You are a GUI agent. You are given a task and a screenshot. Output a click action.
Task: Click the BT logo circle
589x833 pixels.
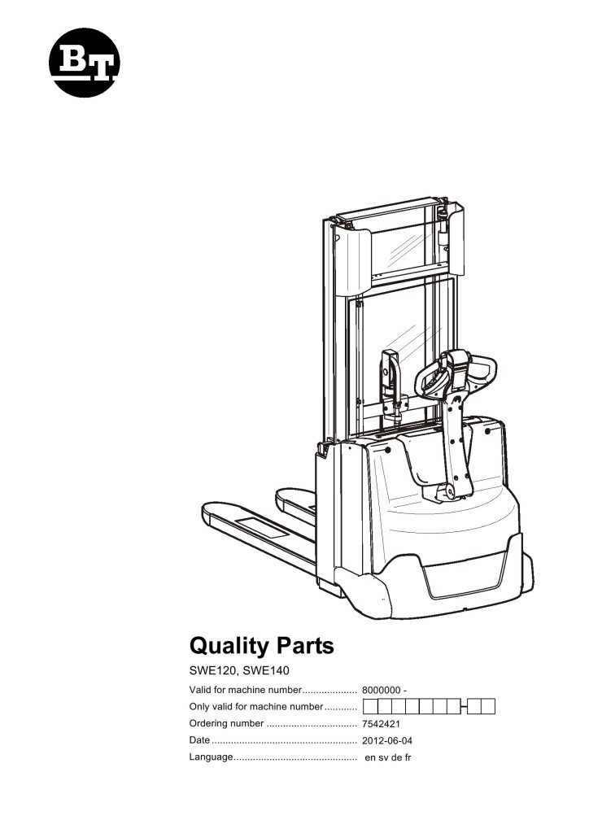85,63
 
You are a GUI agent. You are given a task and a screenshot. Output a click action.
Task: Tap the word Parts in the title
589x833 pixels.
303,647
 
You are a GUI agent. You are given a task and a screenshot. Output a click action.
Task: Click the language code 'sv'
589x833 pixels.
384,758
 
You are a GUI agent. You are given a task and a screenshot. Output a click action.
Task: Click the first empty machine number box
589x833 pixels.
372,706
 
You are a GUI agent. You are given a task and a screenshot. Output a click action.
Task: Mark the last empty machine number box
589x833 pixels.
488,706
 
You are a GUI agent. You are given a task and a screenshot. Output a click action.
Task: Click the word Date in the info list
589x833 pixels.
199,740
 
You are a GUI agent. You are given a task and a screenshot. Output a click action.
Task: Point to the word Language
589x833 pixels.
211,757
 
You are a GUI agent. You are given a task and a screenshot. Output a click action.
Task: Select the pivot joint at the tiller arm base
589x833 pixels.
446,491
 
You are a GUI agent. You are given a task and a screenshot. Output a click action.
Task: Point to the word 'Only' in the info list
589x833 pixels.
199,706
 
